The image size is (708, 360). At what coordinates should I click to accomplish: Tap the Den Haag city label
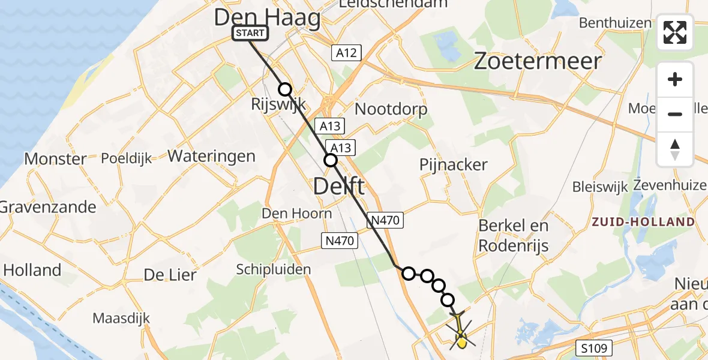[x=268, y=17]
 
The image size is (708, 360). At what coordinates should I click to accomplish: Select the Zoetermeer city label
[x=538, y=61]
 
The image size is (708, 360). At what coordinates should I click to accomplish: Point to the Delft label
[x=338, y=187]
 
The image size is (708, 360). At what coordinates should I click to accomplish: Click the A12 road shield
[x=346, y=53]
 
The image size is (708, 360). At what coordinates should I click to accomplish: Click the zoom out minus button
[x=675, y=114]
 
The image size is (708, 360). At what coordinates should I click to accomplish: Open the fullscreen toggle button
[x=675, y=32]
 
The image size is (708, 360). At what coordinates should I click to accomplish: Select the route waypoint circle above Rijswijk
[x=285, y=89]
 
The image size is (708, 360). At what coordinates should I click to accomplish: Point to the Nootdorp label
[x=391, y=109]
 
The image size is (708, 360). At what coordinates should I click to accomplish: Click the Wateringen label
[x=211, y=156]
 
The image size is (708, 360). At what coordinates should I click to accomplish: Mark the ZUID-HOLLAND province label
[x=643, y=222]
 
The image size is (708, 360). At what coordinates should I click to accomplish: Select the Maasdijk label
[x=125, y=317]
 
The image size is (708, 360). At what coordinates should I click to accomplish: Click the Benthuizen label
[x=615, y=23]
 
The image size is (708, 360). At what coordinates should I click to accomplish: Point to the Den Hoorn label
[x=297, y=213]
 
